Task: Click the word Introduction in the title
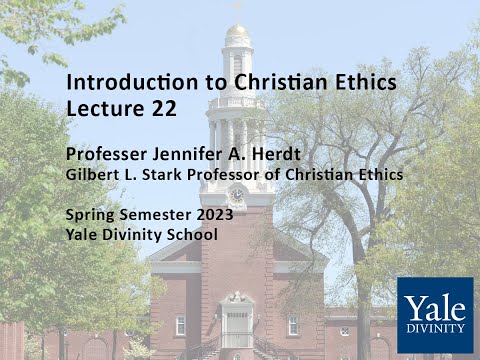pos(119,81)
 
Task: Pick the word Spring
pos(91,215)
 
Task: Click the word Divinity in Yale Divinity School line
pos(135,234)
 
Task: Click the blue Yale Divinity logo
pos(435,315)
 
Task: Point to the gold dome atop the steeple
pos(237,34)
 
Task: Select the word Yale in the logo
pos(435,306)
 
